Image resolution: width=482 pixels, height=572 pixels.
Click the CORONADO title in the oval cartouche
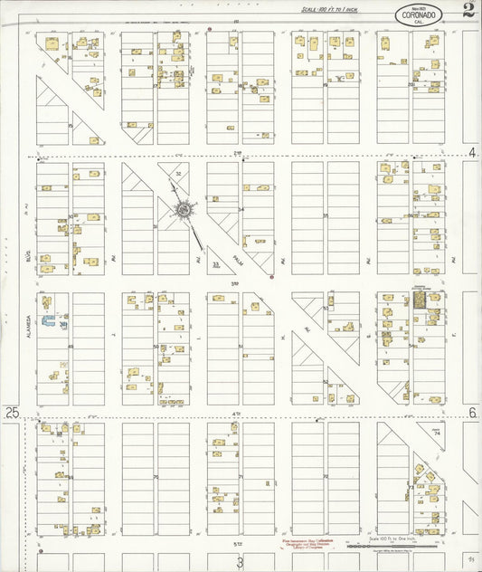click(418, 14)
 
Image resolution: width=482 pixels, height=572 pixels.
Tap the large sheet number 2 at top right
click(468, 12)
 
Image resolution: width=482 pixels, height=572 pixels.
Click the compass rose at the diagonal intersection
click(184, 210)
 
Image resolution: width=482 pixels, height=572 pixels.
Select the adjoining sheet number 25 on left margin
click(12, 412)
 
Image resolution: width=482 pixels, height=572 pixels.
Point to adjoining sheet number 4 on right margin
click(472, 151)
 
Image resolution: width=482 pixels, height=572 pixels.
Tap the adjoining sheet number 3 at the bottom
click(240, 562)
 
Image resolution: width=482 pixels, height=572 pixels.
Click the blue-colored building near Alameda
click(62, 322)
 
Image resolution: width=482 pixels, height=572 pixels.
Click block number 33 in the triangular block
click(215, 265)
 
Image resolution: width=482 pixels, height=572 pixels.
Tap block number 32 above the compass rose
click(178, 173)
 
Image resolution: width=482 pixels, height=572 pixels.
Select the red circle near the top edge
click(210, 29)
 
